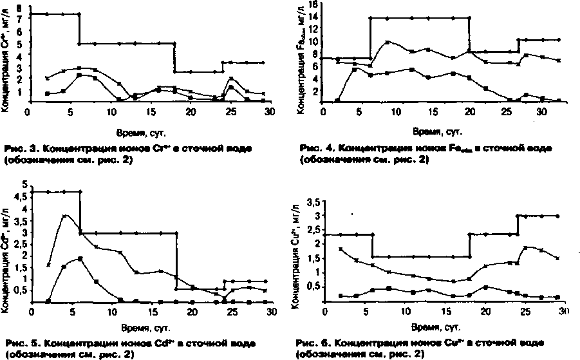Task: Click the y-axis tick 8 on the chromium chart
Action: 21,7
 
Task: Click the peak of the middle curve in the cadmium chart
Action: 65,216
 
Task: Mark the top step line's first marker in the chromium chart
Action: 31,14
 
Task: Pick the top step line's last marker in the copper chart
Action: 557,216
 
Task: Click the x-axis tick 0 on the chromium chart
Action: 28,111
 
